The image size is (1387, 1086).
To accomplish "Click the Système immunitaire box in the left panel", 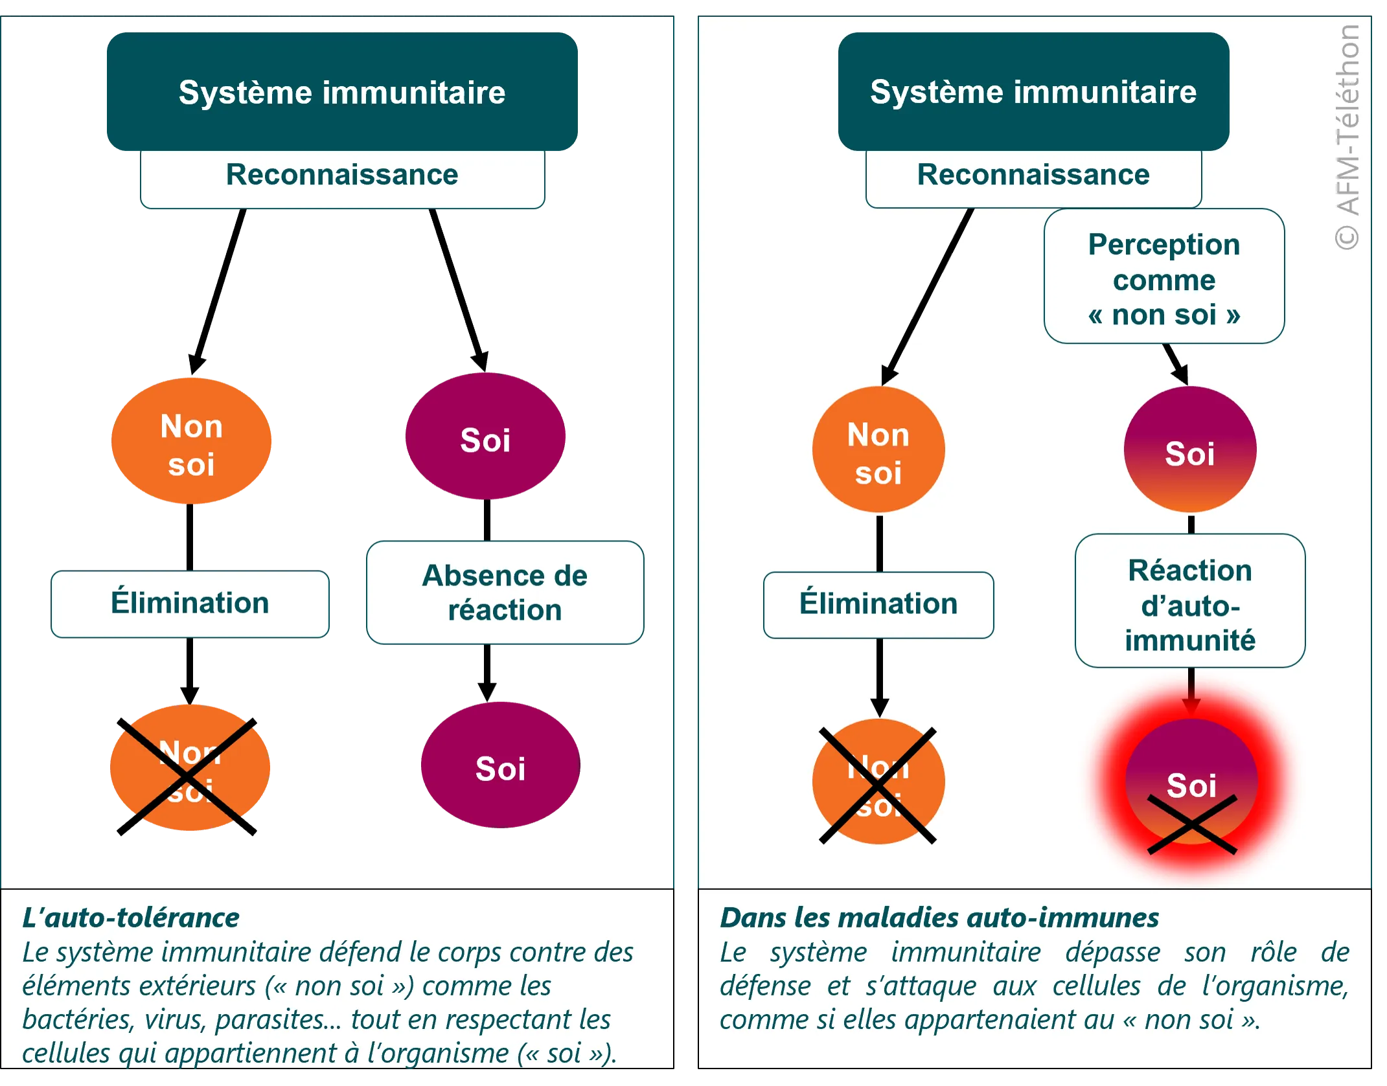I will click(342, 92).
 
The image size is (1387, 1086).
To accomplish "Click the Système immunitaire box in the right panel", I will click(1033, 91).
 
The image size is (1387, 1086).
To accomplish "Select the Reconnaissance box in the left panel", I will click(342, 175).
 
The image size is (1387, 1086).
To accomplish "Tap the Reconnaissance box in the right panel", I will click(1033, 175).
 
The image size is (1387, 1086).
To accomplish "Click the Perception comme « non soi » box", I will click(1163, 278).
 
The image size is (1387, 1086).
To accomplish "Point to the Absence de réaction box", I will click(505, 593).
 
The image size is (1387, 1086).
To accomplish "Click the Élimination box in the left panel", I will click(190, 603).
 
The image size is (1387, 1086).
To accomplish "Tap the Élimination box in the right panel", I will click(878, 604).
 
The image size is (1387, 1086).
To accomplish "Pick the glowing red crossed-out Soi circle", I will click(1191, 786).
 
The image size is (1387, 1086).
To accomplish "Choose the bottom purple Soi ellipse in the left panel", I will click(500, 767).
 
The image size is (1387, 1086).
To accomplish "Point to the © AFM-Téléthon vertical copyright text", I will click(1347, 136).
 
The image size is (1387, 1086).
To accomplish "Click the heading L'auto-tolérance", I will click(131, 918).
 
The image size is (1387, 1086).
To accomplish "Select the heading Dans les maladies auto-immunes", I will click(939, 918).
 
